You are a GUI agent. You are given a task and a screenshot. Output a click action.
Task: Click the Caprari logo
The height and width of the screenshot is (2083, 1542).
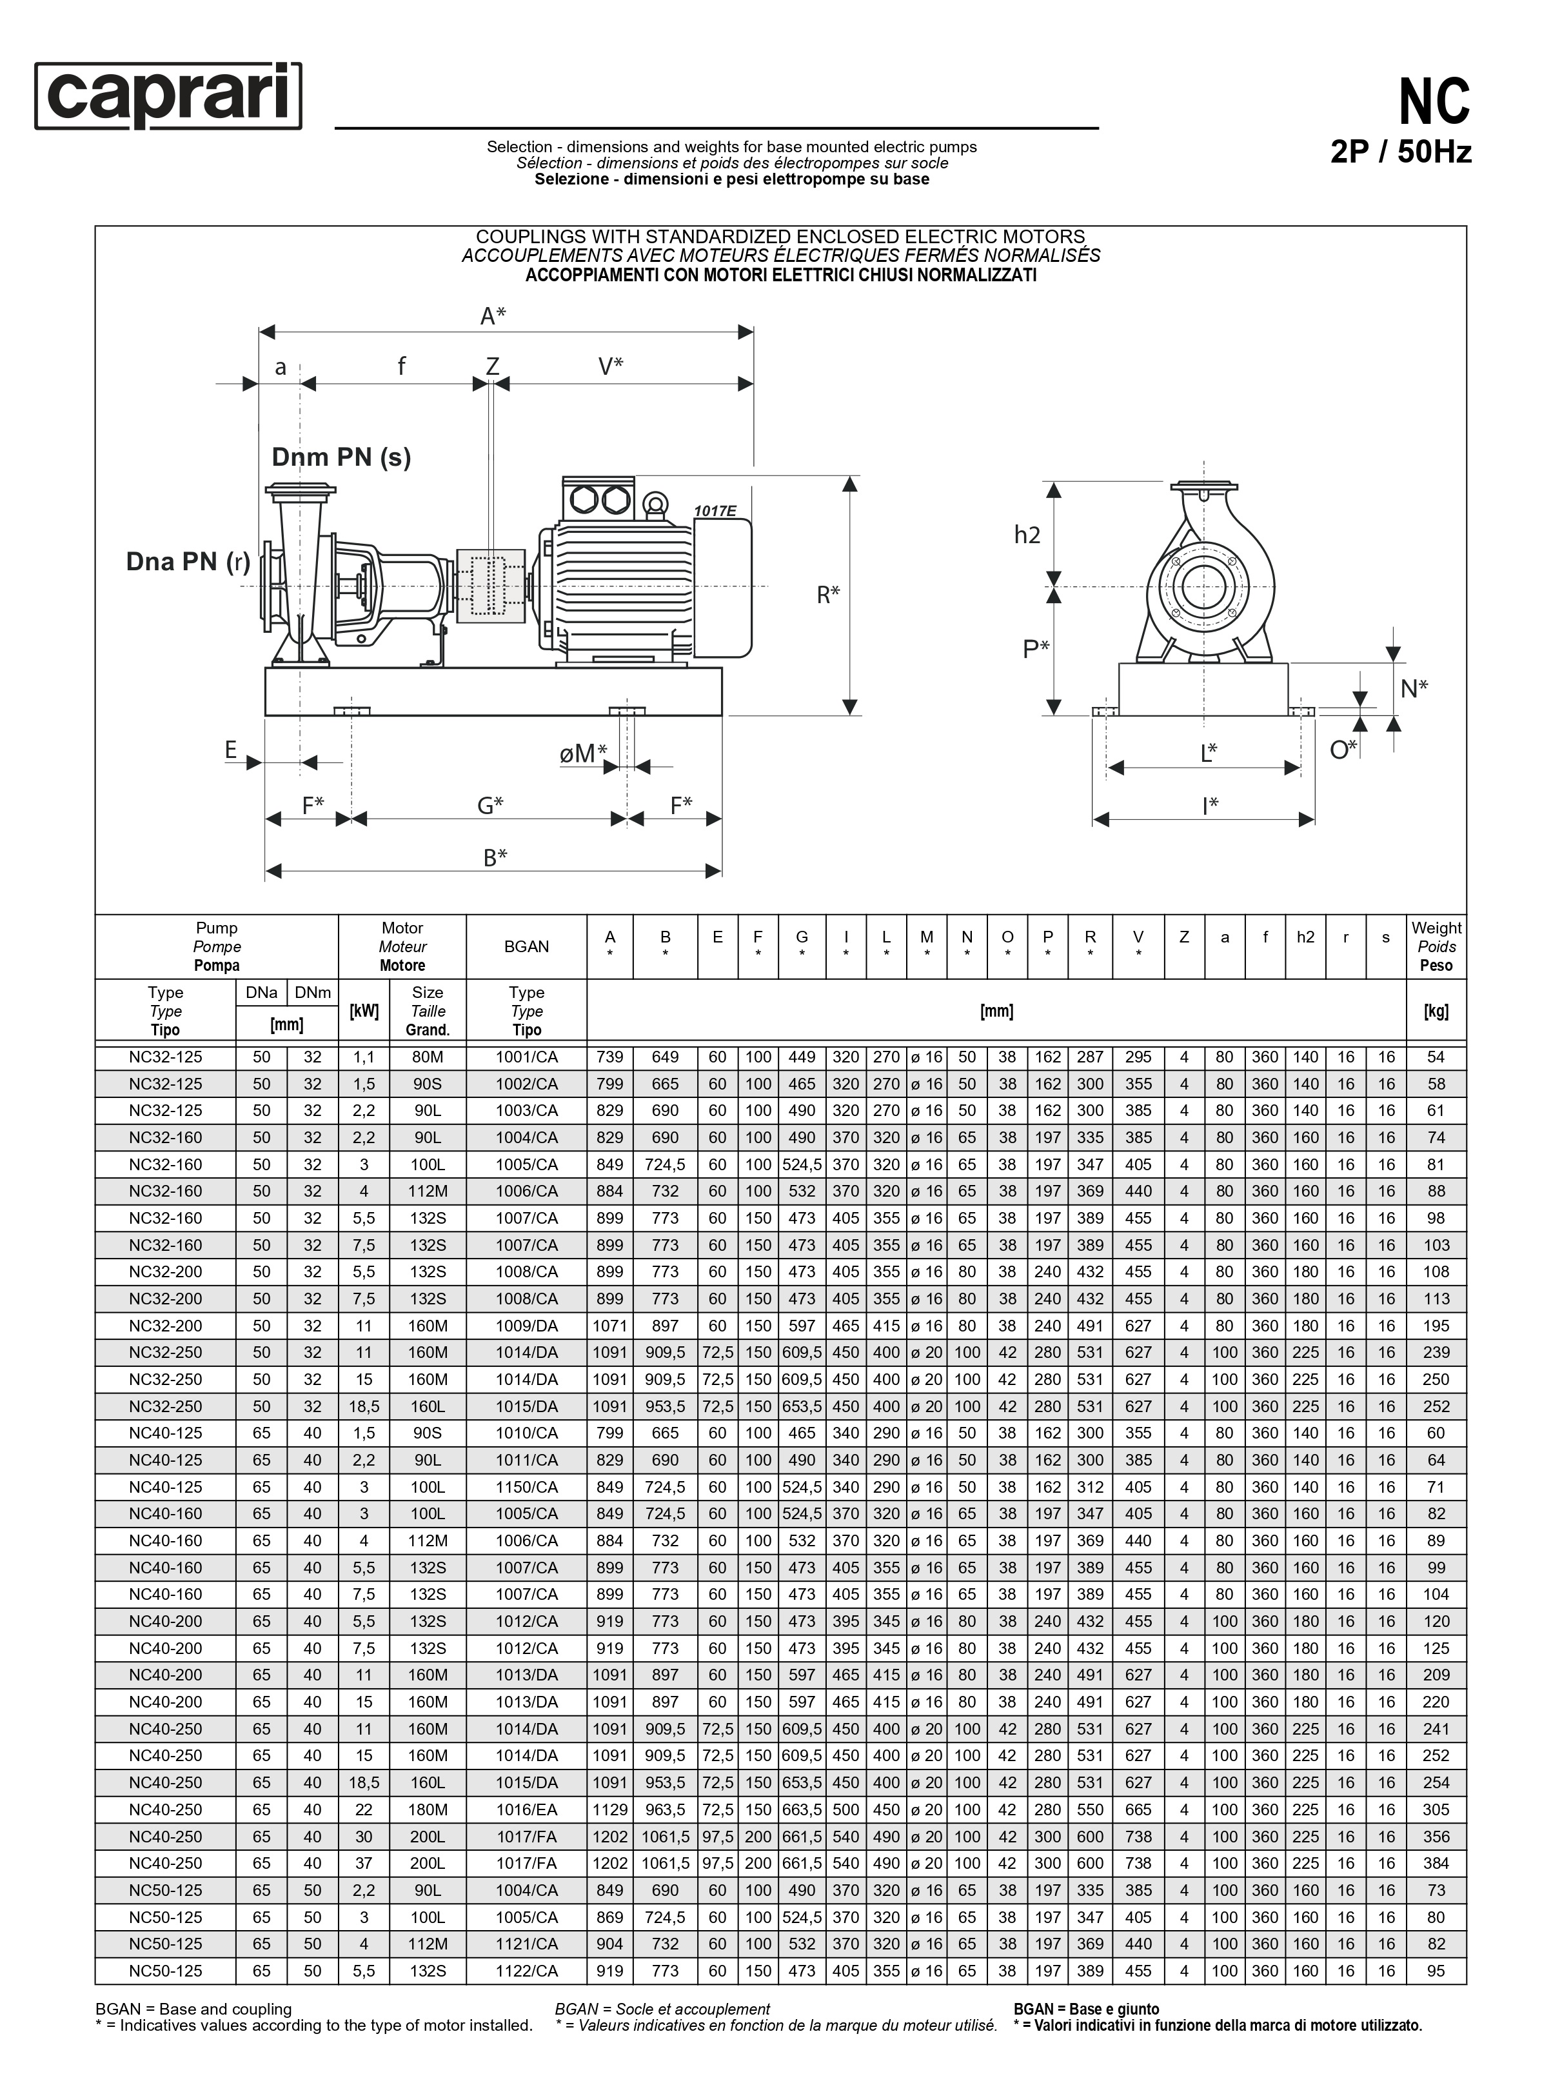(168, 95)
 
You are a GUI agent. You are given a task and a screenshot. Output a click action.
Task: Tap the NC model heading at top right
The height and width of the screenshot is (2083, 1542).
(1433, 102)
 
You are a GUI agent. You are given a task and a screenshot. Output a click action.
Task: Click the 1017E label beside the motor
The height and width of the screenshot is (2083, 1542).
(715, 511)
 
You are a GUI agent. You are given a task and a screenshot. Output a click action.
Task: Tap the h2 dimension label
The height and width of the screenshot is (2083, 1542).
(1027, 535)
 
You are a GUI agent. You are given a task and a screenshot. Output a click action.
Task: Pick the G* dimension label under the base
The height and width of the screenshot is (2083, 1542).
(490, 805)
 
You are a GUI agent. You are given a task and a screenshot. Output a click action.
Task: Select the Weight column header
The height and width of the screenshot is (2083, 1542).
(1436, 946)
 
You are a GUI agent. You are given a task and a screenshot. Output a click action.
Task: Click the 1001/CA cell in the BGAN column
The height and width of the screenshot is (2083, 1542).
(526, 1057)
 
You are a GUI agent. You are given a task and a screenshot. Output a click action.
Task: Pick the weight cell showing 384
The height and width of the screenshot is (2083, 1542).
(1436, 1862)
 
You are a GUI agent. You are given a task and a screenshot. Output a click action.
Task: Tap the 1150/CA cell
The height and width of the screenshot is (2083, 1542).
(526, 1486)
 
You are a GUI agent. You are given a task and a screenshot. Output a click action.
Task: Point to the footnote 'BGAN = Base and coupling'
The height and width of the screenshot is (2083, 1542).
(193, 2008)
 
